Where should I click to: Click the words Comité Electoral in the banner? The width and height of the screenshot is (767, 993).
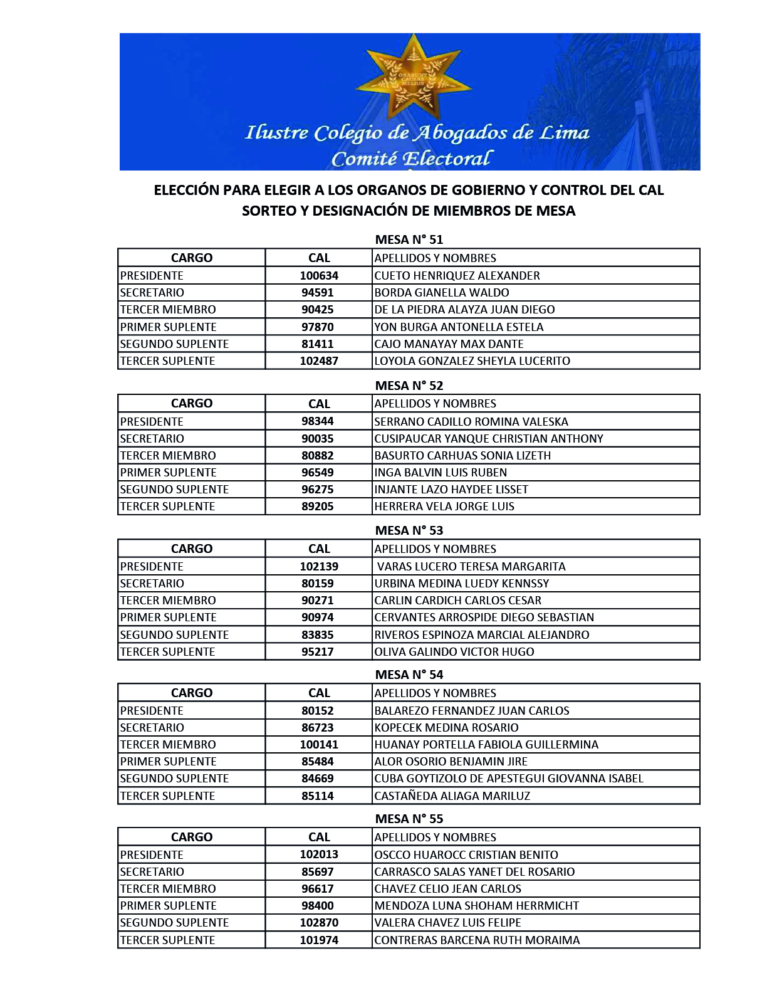[x=412, y=159]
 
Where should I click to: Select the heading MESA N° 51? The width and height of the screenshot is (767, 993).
[x=409, y=239]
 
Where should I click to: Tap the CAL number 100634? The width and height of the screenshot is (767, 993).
[x=319, y=276]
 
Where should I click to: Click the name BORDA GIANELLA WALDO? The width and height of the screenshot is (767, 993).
[x=441, y=293]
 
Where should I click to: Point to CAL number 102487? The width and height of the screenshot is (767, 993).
[x=319, y=361]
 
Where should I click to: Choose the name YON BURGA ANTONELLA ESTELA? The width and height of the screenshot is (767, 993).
[x=459, y=327]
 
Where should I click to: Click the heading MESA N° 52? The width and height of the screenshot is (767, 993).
[x=409, y=386]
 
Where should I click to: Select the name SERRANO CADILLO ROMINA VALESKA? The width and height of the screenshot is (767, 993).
[x=471, y=422]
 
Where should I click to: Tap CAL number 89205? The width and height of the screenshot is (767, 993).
[x=318, y=507]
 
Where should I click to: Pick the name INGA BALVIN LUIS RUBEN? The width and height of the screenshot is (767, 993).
[x=441, y=473]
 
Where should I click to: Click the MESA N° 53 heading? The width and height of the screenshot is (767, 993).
[x=409, y=530]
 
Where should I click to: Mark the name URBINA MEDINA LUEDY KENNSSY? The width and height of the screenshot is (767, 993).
[x=461, y=584]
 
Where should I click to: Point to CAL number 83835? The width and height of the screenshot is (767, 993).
[x=318, y=635]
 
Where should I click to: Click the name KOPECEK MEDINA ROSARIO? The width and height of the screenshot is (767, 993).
[x=446, y=728]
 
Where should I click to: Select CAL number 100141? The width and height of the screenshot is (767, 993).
[x=319, y=745]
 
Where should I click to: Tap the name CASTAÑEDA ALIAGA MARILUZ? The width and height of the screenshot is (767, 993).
[x=452, y=796]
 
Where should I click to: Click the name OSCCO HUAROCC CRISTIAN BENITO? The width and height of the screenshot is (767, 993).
[x=466, y=855]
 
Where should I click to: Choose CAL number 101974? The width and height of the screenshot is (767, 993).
[x=319, y=940]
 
